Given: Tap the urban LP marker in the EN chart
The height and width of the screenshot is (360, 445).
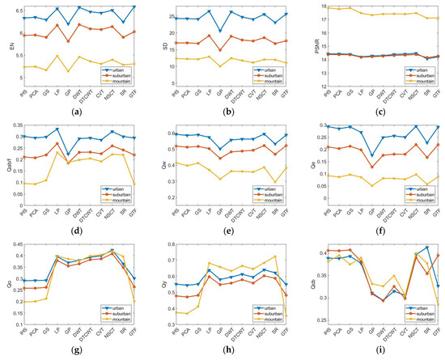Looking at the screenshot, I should tap(57, 9).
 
